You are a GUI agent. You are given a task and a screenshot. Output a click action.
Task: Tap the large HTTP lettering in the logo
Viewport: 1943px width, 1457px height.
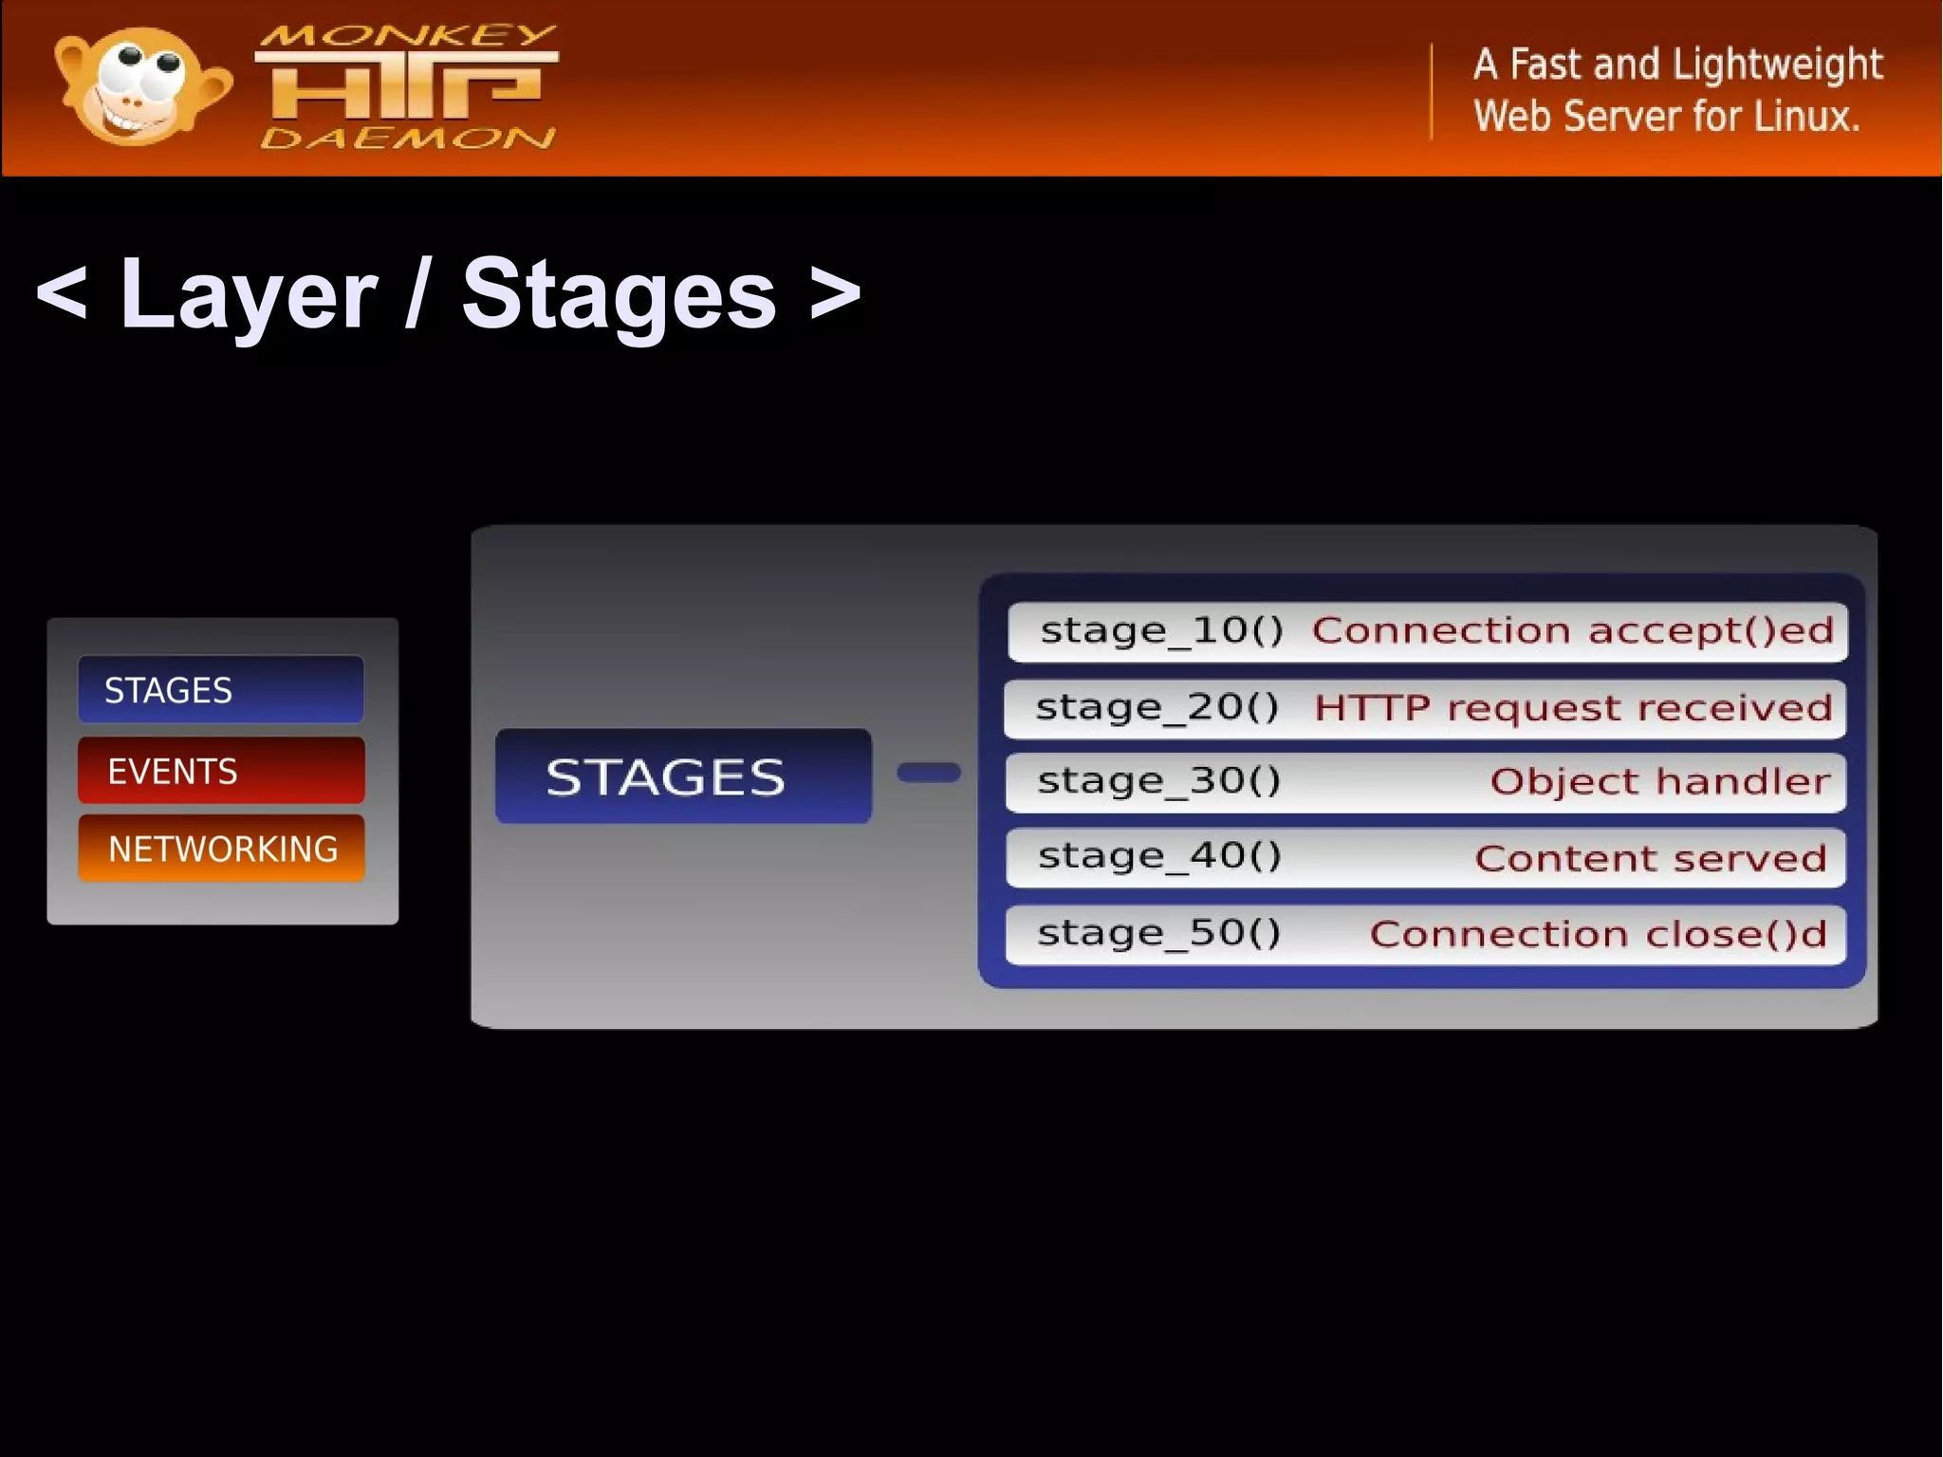click(x=406, y=86)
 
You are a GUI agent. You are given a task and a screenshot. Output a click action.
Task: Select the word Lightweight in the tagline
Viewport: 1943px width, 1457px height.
click(x=1777, y=65)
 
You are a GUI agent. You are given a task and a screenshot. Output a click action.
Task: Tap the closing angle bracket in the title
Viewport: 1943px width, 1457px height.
click(x=836, y=292)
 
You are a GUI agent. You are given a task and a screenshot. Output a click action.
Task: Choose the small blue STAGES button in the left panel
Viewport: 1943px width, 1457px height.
click(x=220, y=690)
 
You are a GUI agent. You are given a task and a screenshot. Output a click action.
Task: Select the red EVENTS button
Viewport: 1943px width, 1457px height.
click(x=221, y=771)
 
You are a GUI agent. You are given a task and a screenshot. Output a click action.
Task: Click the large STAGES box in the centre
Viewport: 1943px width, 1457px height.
click(x=683, y=776)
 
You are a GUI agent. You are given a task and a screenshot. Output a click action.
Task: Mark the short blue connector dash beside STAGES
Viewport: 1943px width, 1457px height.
click(x=929, y=773)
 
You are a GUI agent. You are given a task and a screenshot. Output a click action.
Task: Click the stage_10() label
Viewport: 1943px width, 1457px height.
click(x=1161, y=630)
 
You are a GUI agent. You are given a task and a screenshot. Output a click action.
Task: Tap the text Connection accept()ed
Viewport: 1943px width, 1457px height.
click(x=1572, y=630)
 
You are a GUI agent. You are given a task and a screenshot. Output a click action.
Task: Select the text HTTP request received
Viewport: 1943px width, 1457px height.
click(x=1573, y=708)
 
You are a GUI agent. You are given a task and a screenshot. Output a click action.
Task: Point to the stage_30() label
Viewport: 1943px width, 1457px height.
click(x=1159, y=781)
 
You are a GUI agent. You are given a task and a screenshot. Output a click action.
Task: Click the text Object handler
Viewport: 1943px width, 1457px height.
click(x=1659, y=781)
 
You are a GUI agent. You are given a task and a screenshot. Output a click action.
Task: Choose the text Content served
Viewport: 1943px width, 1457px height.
click(x=1650, y=858)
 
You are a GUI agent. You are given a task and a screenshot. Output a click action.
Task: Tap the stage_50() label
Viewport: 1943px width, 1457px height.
click(x=1159, y=933)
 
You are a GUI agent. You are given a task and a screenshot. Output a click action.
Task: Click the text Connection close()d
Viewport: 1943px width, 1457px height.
click(x=1598, y=934)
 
